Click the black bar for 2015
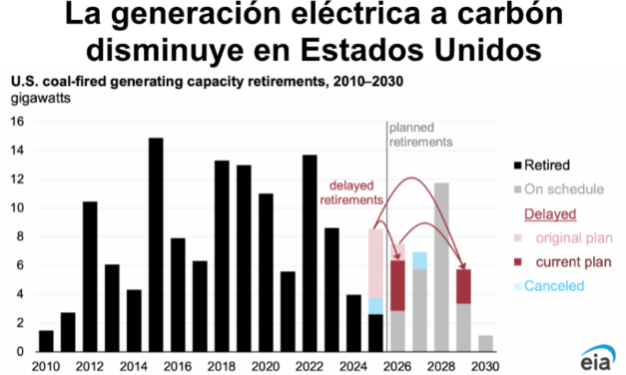(x=156, y=244)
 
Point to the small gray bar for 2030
(x=485, y=343)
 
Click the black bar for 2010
(x=46, y=340)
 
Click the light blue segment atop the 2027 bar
(x=419, y=260)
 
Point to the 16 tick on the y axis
(x=17, y=123)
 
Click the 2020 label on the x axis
(x=266, y=366)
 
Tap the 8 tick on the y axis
(x=20, y=237)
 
